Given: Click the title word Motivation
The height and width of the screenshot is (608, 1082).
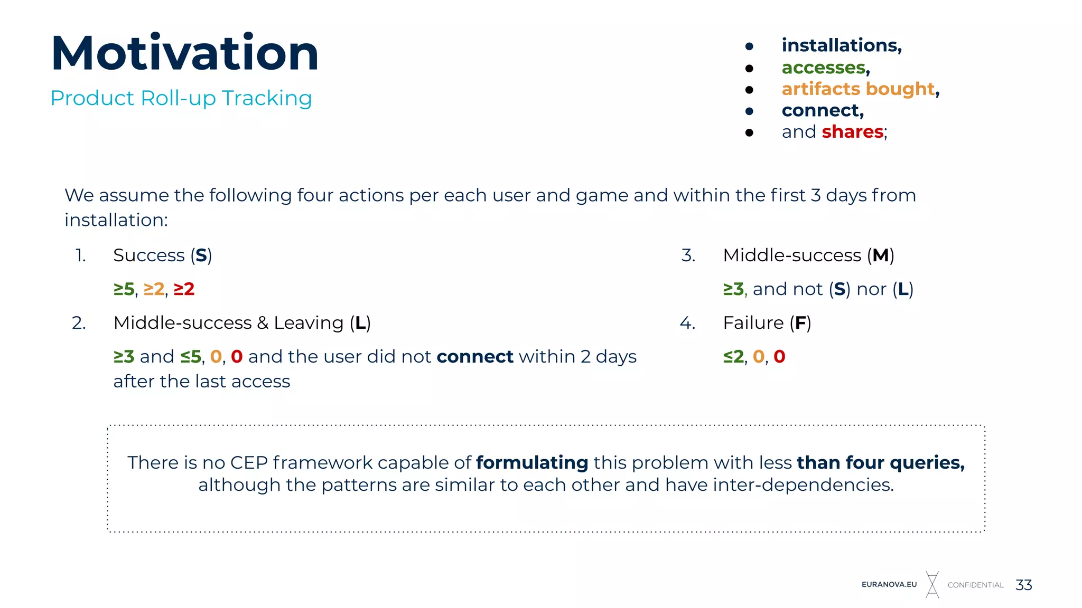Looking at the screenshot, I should pos(185,53).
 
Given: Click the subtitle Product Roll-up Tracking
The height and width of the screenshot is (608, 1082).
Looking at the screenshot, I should pos(181,98).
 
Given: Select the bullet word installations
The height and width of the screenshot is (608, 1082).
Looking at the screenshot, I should pos(841,45).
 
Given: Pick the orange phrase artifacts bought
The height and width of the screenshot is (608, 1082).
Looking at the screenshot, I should pos(858,89).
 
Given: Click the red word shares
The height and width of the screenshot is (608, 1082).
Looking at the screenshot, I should pos(852,131).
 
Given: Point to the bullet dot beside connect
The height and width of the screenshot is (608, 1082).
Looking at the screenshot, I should pos(749,111).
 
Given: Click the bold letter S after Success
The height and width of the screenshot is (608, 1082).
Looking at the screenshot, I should pos(201,255).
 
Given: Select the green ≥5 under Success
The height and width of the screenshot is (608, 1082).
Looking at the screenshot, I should pos(124,289).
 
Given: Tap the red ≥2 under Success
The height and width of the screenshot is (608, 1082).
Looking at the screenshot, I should pos(184,289).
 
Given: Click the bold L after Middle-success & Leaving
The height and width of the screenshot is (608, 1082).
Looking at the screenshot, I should pos(360,323).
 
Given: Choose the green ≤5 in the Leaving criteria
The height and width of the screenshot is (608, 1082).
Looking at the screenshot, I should pos(191,357).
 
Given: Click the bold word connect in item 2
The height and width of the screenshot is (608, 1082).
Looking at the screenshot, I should pos(475,357).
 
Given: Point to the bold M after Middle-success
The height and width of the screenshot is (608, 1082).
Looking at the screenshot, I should pos(880,255).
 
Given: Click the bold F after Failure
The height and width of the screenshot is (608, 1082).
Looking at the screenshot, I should pos(800,323).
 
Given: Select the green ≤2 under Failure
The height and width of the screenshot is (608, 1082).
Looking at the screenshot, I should pos(733,357).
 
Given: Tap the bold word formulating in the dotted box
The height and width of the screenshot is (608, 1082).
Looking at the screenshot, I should pos(532,462).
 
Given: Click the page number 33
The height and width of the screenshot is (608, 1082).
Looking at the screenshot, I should pos(1024,585).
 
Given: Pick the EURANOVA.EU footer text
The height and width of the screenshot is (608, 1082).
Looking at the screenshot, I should pos(889,585).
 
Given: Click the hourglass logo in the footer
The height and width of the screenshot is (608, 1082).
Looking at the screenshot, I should pos(932,584).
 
